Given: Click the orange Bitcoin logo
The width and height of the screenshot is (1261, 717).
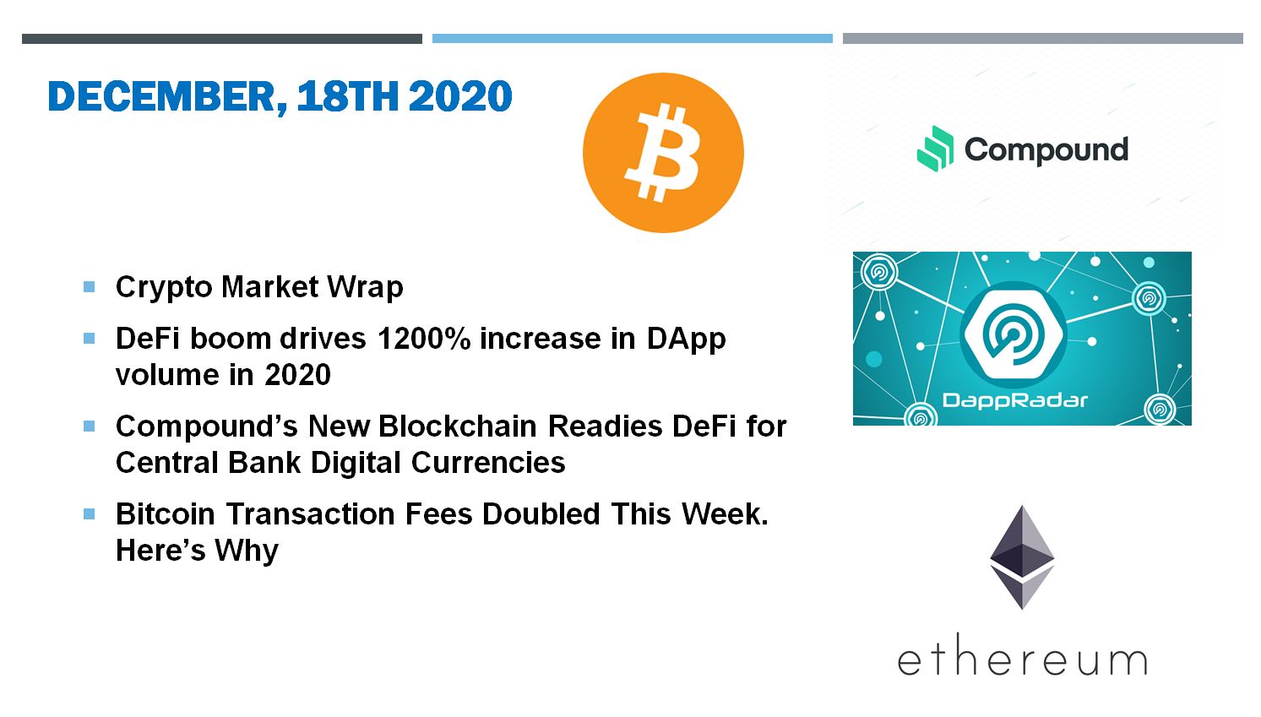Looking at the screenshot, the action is point(663,153).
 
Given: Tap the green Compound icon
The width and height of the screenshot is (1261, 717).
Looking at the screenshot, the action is point(935,149).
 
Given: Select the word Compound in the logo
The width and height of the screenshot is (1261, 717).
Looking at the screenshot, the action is point(1046,150).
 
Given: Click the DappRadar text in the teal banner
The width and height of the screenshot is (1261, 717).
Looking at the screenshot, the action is point(1015,400).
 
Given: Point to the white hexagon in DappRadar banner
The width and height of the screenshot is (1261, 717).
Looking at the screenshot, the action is point(1014,334).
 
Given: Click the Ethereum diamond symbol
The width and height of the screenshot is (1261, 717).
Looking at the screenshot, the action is point(1022,557).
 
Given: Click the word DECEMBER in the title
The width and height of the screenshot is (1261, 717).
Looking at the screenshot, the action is point(167,97).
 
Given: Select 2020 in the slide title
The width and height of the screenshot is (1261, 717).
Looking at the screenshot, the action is point(460,96).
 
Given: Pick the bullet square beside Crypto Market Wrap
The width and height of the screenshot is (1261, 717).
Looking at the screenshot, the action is point(89,287).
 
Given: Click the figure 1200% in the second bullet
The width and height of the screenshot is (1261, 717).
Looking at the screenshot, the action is point(424,339).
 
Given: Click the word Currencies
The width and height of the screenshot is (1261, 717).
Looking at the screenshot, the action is point(488,463).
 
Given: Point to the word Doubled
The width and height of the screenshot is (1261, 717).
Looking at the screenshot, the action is point(541,513).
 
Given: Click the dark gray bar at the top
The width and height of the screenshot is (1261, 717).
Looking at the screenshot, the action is point(222,38).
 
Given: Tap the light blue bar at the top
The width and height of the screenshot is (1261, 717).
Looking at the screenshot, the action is point(632,38).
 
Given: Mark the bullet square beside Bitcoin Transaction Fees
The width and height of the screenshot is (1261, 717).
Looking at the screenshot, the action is point(89,513).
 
